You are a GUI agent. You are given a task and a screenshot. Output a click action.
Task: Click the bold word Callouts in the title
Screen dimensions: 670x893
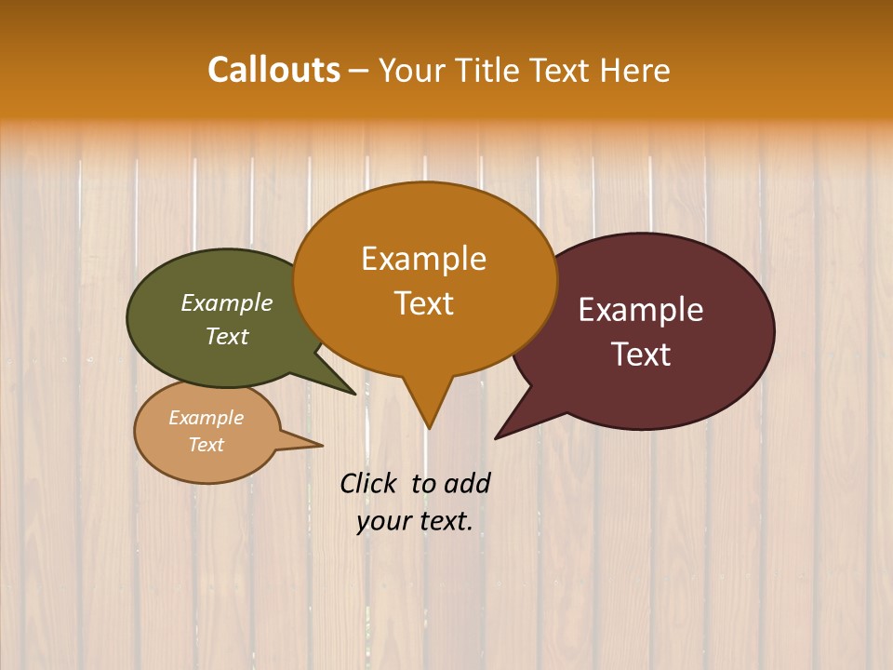273,70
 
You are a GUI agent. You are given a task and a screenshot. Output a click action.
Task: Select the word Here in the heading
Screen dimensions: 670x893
634,70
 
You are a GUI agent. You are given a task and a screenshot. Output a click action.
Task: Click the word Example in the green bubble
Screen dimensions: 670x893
227,302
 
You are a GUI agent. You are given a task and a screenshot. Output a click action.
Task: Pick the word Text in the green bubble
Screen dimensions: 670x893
227,336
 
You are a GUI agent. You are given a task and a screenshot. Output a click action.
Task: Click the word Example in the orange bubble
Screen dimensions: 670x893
423,259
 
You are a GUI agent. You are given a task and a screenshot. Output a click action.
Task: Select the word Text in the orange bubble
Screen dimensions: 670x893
423,303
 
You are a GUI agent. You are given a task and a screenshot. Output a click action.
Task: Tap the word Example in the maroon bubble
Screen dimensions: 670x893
641,310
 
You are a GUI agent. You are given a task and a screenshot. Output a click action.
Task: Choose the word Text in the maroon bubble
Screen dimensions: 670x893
641,355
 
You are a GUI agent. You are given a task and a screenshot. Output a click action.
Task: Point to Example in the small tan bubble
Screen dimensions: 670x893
206,418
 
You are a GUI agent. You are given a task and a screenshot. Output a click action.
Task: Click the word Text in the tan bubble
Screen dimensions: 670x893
206,445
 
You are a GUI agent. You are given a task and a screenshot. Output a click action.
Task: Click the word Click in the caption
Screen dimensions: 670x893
369,483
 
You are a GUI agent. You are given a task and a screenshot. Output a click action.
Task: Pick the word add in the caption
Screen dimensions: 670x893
467,483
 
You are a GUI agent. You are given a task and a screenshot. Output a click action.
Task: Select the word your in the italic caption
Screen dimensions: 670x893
382,521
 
